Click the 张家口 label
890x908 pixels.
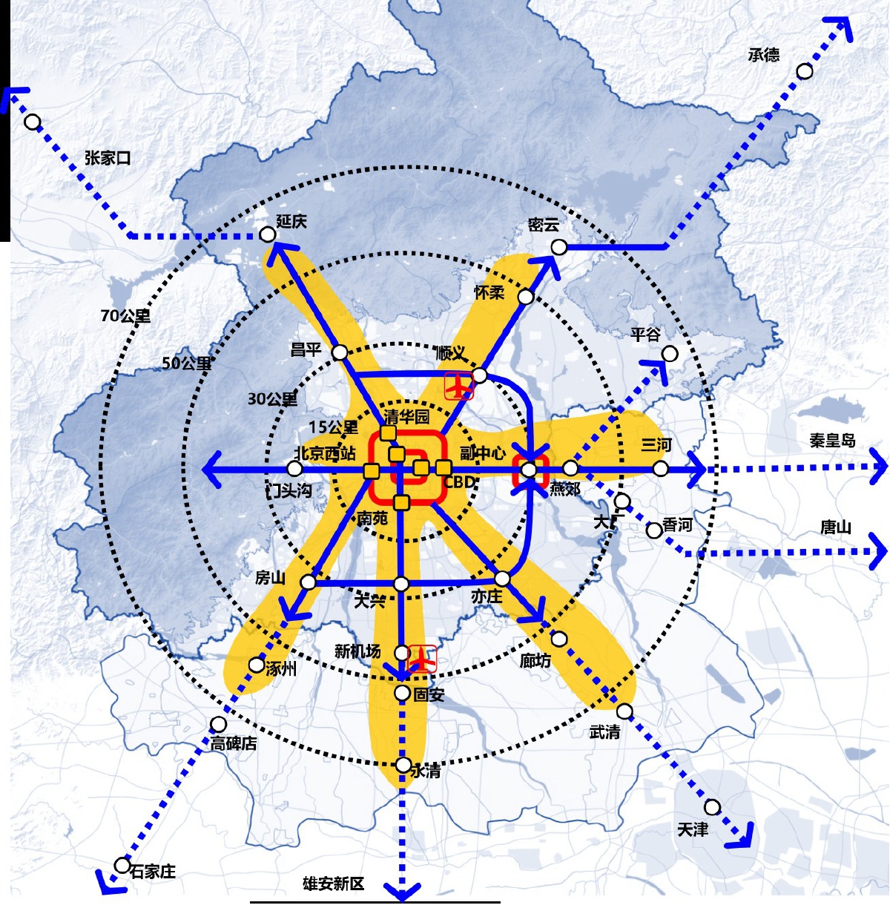click(108, 158)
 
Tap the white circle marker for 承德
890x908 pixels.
click(805, 71)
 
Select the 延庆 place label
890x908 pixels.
click(291, 221)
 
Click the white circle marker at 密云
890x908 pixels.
click(559, 247)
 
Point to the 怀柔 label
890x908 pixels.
click(489, 293)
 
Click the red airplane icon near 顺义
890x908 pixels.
click(459, 386)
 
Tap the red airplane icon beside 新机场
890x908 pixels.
click(423, 658)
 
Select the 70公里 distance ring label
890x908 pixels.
click(125, 316)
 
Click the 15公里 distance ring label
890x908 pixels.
click(333, 427)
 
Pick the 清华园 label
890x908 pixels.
click(406, 416)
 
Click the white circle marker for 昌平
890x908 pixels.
click(339, 352)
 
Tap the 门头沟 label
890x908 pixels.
click(289, 490)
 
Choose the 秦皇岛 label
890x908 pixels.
click(832, 441)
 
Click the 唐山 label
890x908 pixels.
click(835, 527)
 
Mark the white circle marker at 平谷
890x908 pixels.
click(670, 354)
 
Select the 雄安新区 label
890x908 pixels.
click(334, 884)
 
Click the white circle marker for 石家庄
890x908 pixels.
click(122, 865)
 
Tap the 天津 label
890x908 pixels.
click(693, 829)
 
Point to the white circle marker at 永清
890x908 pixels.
click(403, 765)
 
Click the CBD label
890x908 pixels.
click(459, 482)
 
